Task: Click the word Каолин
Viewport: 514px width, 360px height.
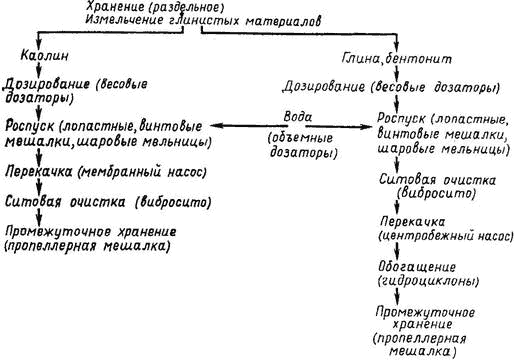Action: [x=45, y=56]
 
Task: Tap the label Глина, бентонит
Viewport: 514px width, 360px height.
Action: [x=397, y=59]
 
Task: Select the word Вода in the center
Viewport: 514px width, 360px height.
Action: [x=298, y=117]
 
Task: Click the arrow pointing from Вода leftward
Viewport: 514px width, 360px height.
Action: [x=249, y=126]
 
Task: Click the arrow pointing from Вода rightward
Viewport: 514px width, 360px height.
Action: [x=339, y=127]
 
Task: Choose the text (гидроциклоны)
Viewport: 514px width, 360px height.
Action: [x=428, y=282]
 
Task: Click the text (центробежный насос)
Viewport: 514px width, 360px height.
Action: [x=446, y=236]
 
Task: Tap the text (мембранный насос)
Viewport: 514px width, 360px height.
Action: [x=142, y=172]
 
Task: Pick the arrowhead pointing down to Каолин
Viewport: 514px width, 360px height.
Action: [x=39, y=45]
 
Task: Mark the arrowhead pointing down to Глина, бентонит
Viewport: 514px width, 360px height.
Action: [x=396, y=47]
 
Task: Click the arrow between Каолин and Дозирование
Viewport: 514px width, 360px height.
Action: [x=39, y=69]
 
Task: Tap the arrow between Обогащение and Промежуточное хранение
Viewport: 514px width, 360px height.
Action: [x=397, y=297]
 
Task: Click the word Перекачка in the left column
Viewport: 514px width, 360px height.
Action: [x=39, y=172]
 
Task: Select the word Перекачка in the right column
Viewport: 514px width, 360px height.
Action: [x=413, y=222]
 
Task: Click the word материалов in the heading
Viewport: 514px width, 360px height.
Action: [x=284, y=21]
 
